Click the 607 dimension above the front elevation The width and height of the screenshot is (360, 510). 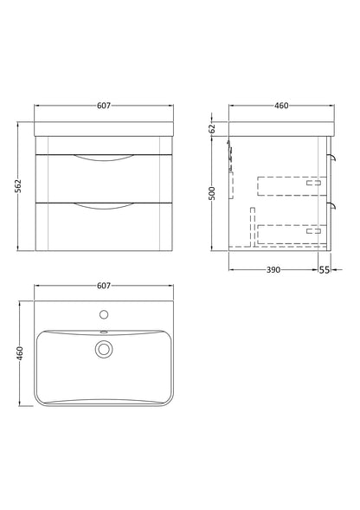coord(103,106)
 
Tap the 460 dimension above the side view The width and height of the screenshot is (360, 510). coord(281,106)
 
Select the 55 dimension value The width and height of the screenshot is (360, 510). coord(325,270)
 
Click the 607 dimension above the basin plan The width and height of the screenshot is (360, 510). coord(103,284)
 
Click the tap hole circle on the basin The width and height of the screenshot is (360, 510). coord(104,315)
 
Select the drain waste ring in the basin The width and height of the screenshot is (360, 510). coord(104,349)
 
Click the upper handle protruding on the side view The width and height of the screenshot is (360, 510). coord(331,156)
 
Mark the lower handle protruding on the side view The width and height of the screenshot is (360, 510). coord(331,204)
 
